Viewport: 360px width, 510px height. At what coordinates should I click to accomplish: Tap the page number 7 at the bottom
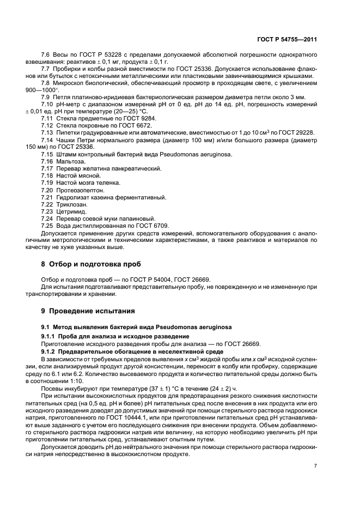[315, 465]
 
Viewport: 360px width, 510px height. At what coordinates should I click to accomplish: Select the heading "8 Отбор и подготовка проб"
[91, 264]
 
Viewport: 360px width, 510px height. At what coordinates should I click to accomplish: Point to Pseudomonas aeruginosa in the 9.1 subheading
[185, 327]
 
